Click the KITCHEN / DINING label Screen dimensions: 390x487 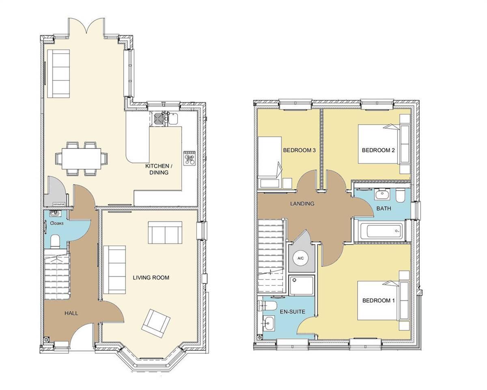[157, 169]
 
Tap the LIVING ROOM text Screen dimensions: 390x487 [151, 277]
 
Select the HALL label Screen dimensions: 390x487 [71, 313]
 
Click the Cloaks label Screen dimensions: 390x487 [56, 223]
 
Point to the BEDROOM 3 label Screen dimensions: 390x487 [299, 150]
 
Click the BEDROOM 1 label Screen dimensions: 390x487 [378, 301]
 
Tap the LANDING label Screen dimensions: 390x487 [302, 204]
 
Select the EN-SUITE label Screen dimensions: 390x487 [292, 312]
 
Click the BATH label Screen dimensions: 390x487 [384, 208]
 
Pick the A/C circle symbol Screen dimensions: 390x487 [301, 258]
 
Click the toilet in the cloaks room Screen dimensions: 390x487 [55, 241]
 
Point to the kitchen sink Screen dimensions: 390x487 [167, 117]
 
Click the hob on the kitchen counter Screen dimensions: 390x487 [190, 158]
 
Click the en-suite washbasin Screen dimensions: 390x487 [269, 323]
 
